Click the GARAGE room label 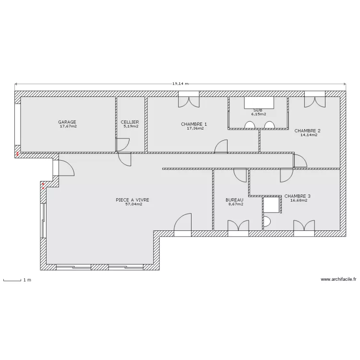point(67,122)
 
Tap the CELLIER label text point(130,122)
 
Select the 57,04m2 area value point(134,204)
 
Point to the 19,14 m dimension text point(180,84)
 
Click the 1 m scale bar point(12,280)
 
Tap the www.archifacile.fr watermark point(338,279)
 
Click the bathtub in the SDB point(259,103)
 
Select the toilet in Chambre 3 point(267,222)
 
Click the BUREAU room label point(234,200)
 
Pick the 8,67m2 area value point(236,204)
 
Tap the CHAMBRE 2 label point(307,131)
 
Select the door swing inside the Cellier point(122,144)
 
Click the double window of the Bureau point(238,228)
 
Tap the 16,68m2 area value point(299,200)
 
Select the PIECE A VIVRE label point(132,200)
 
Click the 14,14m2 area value point(309,135)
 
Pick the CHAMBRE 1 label point(194,124)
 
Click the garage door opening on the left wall point(18,124)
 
